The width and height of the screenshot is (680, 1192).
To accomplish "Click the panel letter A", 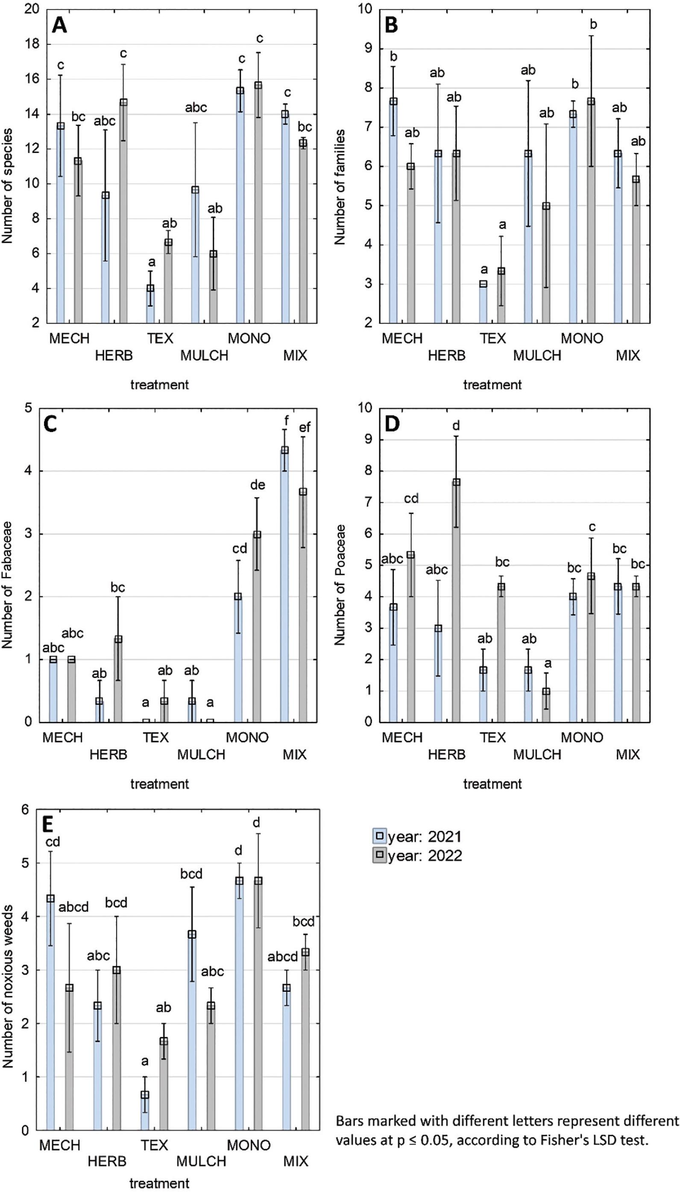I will click(x=59, y=25).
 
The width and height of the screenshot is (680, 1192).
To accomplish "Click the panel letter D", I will click(x=391, y=424).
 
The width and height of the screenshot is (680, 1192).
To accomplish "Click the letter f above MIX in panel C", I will click(x=287, y=420).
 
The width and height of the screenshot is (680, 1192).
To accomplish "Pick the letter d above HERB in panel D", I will click(x=456, y=426).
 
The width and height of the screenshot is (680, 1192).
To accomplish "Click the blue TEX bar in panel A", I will click(x=150, y=305).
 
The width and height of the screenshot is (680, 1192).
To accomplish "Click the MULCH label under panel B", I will click(x=537, y=356).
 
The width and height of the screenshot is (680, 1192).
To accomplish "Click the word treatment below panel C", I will click(x=159, y=783).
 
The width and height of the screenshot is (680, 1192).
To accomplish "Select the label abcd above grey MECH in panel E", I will click(x=73, y=907).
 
